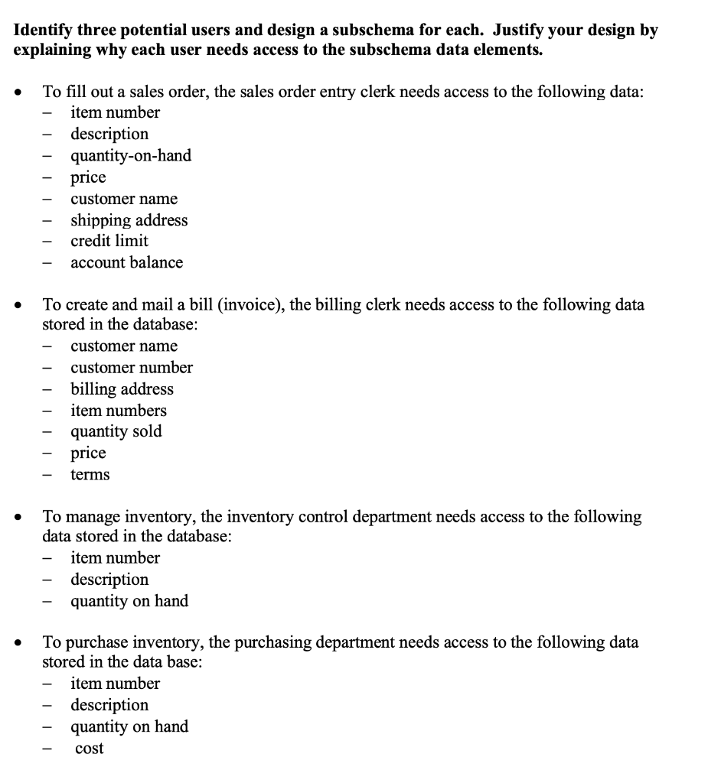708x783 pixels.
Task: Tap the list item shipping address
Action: click(129, 220)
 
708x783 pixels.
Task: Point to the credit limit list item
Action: click(109, 241)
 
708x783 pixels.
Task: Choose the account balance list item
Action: click(126, 262)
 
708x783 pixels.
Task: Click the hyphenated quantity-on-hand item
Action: click(131, 156)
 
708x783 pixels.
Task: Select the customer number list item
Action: click(132, 368)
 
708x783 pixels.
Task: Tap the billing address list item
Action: click(122, 389)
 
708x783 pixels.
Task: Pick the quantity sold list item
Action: click(116, 431)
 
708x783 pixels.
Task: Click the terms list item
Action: click(90, 475)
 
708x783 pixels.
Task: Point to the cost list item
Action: click(90, 749)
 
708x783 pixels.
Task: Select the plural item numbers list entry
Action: click(119, 411)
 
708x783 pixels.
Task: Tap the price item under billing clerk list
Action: click(88, 453)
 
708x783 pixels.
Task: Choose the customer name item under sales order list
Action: click(124, 199)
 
